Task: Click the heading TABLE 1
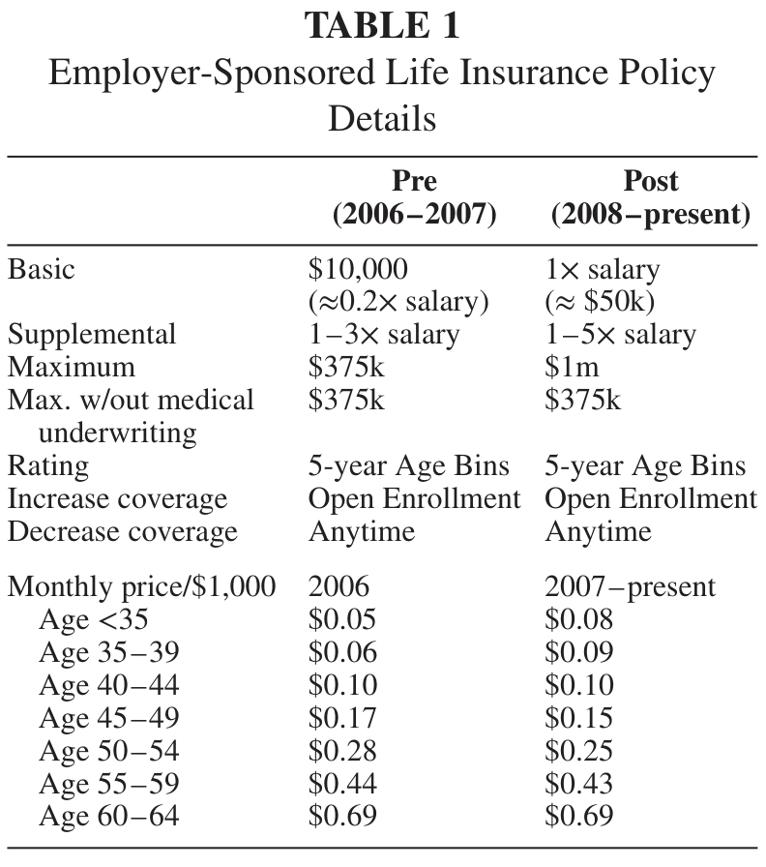382,25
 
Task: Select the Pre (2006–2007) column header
415,197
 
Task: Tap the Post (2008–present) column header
651,197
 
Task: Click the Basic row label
41,269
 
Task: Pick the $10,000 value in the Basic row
358,270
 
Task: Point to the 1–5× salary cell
620,335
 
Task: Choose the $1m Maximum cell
572,367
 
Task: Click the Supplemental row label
92,335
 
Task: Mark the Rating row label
48,466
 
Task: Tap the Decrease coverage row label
123,531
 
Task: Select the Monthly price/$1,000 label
141,586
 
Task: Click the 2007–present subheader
630,586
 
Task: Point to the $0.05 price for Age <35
342,619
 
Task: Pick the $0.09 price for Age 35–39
578,652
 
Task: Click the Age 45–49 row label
109,718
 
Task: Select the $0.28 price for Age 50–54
342,750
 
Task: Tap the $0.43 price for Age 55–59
578,783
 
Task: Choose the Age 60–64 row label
109,816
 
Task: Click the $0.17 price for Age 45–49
342,718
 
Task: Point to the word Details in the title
382,118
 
